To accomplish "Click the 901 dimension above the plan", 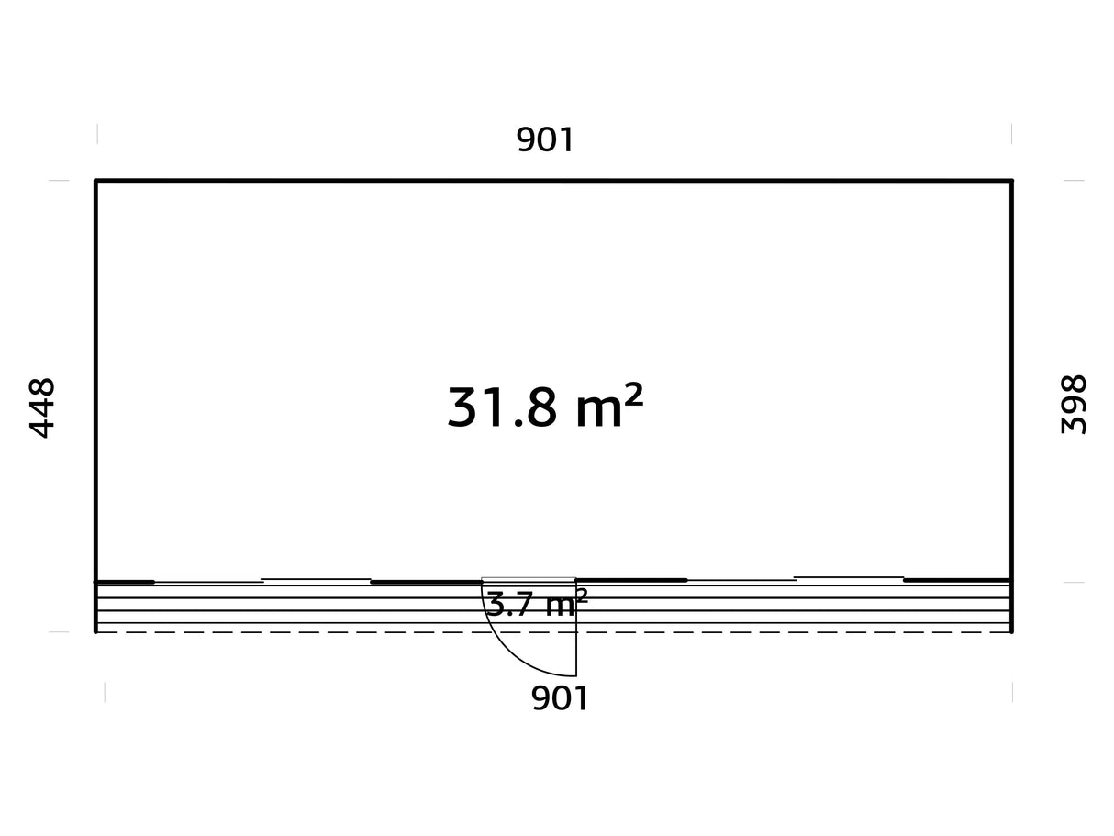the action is click(544, 139).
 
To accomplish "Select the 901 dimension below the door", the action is click(559, 698).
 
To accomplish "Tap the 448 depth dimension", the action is click(41, 407).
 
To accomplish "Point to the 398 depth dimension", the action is click(1074, 405).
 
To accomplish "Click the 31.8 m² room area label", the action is click(545, 407).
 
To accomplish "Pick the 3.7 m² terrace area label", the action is click(537, 604).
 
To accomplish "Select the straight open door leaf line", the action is click(576, 629).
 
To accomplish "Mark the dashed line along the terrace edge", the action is click(553, 632).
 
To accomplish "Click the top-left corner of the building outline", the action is click(95, 180).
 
